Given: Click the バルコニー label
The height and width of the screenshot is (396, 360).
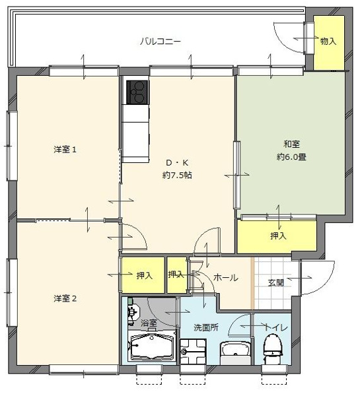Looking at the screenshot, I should (x=161, y=42).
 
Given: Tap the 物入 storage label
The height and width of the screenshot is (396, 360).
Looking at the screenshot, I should (x=328, y=41).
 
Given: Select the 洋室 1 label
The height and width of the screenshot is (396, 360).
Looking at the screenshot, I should (x=65, y=149).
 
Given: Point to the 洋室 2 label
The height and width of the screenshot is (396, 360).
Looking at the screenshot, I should (x=65, y=298).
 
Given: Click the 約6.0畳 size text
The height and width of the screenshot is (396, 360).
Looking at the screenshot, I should (x=291, y=157).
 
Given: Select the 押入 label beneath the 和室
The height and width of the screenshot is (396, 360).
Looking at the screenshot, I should (x=277, y=236).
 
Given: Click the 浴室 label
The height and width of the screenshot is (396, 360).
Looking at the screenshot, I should (x=149, y=323).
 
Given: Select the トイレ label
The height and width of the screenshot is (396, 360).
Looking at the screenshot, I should (x=275, y=326).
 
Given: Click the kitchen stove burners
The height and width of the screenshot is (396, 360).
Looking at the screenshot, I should (x=137, y=92).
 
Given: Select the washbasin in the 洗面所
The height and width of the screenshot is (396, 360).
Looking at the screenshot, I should (x=235, y=350).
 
